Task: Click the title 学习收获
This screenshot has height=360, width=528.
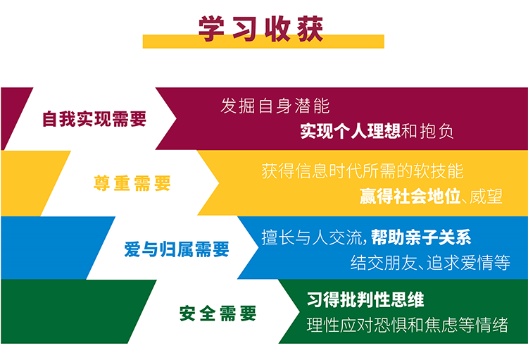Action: click(x=260, y=29)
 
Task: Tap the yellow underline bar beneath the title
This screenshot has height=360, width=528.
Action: click(x=263, y=42)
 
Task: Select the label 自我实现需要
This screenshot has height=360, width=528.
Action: click(x=94, y=119)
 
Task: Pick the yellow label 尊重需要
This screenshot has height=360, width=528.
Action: click(x=132, y=183)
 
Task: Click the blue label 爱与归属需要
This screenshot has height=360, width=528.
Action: click(x=177, y=249)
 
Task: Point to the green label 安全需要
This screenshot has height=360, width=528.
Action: click(x=218, y=314)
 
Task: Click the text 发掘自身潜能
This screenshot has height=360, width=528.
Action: click(x=275, y=106)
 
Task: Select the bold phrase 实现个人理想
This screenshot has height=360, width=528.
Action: click(x=350, y=131)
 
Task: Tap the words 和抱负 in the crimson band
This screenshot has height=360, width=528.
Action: click(x=427, y=131)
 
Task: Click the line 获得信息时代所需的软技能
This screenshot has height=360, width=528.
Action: click(x=363, y=171)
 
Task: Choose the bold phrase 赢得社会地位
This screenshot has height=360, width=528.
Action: click(x=410, y=196)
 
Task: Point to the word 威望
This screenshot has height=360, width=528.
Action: click(x=486, y=196)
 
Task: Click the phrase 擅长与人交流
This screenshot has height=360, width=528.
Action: click(x=312, y=237)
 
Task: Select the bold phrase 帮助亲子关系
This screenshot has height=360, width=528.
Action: click(x=421, y=237)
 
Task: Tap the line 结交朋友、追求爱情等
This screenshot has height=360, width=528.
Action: click(x=430, y=263)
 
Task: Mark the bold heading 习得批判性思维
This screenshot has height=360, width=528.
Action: click(x=365, y=299)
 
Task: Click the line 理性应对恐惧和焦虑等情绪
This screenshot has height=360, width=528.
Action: click(x=408, y=325)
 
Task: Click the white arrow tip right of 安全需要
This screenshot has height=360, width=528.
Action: click(x=299, y=311)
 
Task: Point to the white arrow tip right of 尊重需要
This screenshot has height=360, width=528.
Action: click(x=219, y=183)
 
